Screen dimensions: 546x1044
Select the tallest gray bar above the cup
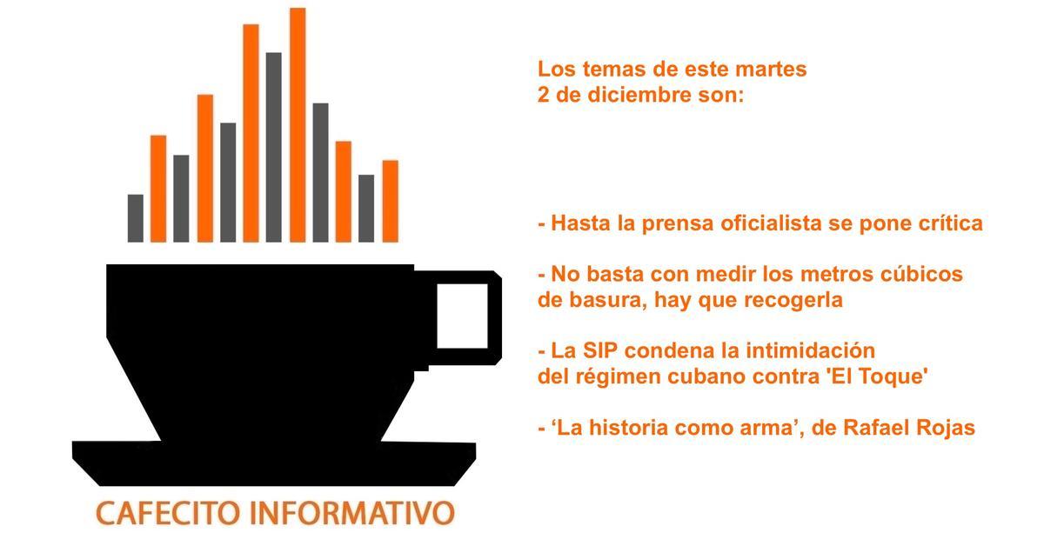click(274, 147)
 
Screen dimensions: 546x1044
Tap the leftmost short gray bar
click(135, 217)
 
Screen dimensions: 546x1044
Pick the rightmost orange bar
click(390, 201)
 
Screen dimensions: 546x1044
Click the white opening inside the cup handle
click(461, 316)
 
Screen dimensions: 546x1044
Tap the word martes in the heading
click(773, 69)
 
